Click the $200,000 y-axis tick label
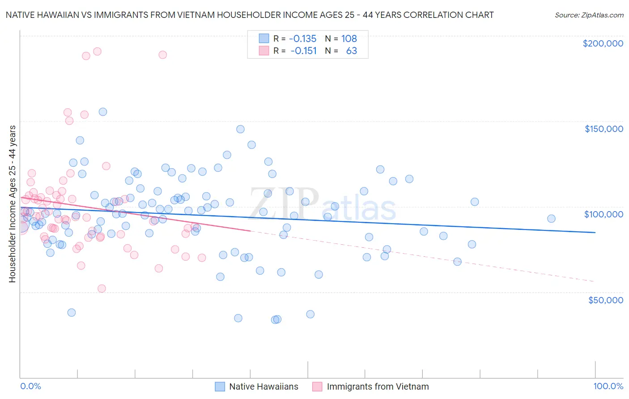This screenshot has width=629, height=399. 603,43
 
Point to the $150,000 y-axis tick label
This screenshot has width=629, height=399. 603,129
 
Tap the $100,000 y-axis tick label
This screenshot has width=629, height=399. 603,214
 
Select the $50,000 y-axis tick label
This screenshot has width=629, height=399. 605,300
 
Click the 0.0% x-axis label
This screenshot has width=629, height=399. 30,386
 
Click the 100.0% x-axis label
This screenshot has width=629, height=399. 608,386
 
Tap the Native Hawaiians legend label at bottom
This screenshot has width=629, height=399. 263,386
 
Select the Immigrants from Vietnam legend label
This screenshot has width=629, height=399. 378,386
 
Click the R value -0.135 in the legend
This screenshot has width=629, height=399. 303,38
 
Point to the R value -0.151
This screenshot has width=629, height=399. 303,51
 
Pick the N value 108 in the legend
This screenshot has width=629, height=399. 349,38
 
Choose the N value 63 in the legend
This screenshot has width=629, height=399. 351,51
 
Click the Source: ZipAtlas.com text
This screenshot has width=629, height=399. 589,15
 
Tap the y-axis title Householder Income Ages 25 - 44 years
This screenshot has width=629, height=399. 12,204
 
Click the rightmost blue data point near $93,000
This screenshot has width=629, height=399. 551,219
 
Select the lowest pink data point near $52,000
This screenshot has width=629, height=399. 102,289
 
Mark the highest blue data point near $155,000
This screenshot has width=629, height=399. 103,112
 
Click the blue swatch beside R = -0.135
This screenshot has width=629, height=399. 264,38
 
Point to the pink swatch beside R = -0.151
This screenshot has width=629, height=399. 264,51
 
